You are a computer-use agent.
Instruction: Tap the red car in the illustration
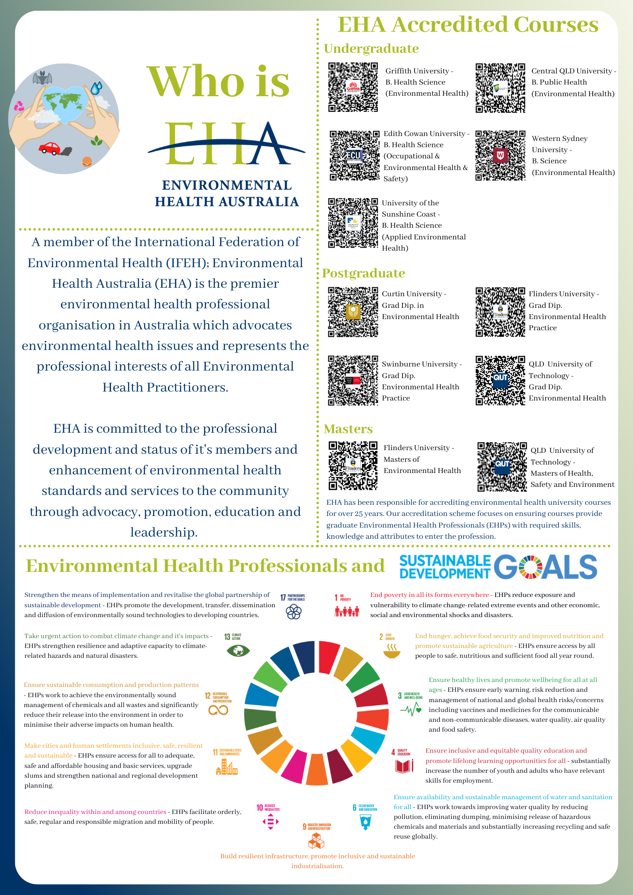(50, 148)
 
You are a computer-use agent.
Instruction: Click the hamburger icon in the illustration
(87, 161)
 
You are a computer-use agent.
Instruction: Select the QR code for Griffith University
(353, 87)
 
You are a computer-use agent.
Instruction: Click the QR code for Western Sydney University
(500, 155)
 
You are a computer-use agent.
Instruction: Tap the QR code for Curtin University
(353, 312)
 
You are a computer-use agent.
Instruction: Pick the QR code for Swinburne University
(353, 381)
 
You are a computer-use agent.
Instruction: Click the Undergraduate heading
(371, 48)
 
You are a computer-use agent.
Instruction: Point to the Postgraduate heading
(364, 273)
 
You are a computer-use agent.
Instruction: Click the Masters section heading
(348, 429)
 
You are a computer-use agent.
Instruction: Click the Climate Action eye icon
(238, 650)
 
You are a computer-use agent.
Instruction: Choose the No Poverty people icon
(347, 611)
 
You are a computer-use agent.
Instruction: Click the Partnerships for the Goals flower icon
(294, 612)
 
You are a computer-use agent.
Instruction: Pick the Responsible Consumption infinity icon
(218, 710)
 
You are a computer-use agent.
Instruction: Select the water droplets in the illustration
(96, 88)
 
